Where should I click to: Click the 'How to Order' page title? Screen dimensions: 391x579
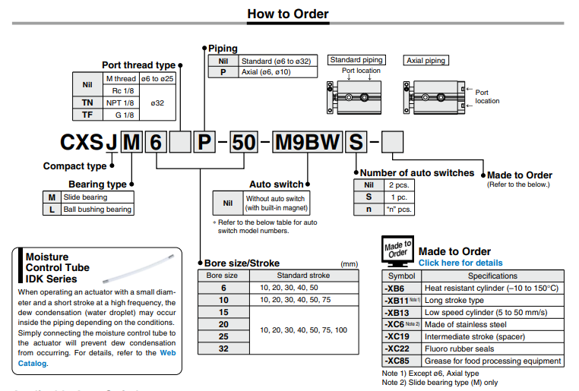coord(288,14)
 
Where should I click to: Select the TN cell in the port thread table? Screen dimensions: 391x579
coord(87,102)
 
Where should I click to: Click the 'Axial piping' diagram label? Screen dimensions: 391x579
coord(426,60)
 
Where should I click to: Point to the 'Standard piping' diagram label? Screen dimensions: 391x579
coord(356,60)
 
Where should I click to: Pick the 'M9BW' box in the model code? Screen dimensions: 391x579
coord(308,142)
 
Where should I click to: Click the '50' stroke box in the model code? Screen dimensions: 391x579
coord(243,142)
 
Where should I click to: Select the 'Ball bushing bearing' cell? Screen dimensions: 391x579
coord(97,209)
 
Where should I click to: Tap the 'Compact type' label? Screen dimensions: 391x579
coord(74,166)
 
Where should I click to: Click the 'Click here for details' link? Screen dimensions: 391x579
coord(460,263)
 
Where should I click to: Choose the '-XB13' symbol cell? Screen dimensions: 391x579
coord(400,312)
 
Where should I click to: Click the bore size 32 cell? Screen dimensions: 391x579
coord(223,348)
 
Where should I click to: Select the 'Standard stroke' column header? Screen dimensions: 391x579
coord(303,275)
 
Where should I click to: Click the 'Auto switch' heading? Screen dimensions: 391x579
coord(277,184)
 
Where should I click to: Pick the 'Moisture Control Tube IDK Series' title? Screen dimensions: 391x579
coord(58,267)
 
